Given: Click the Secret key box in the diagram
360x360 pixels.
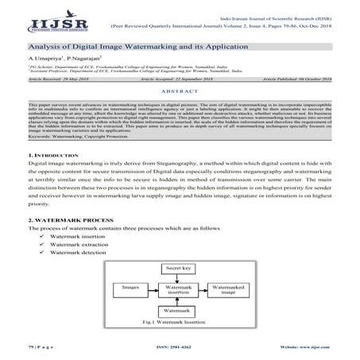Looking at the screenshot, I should click(180, 269).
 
